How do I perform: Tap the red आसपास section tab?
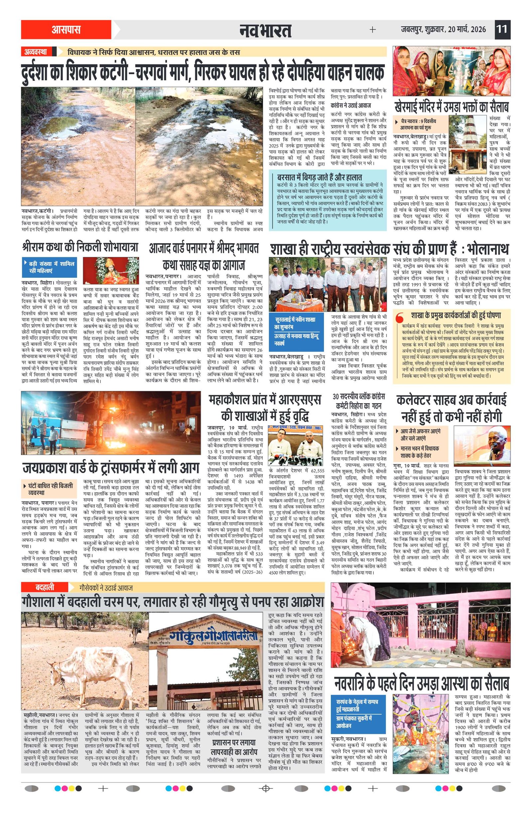[x=66, y=29]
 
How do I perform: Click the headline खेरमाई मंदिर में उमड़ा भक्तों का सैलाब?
[x=451, y=106]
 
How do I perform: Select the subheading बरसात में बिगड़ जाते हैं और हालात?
[x=319, y=177]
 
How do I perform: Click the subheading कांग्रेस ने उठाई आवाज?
[x=351, y=106]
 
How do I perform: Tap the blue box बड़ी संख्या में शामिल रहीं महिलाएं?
[x=50, y=267]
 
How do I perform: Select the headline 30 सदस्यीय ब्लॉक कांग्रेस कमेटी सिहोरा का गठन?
[x=359, y=401]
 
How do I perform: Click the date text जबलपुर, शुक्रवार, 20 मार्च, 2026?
[x=444, y=29]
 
